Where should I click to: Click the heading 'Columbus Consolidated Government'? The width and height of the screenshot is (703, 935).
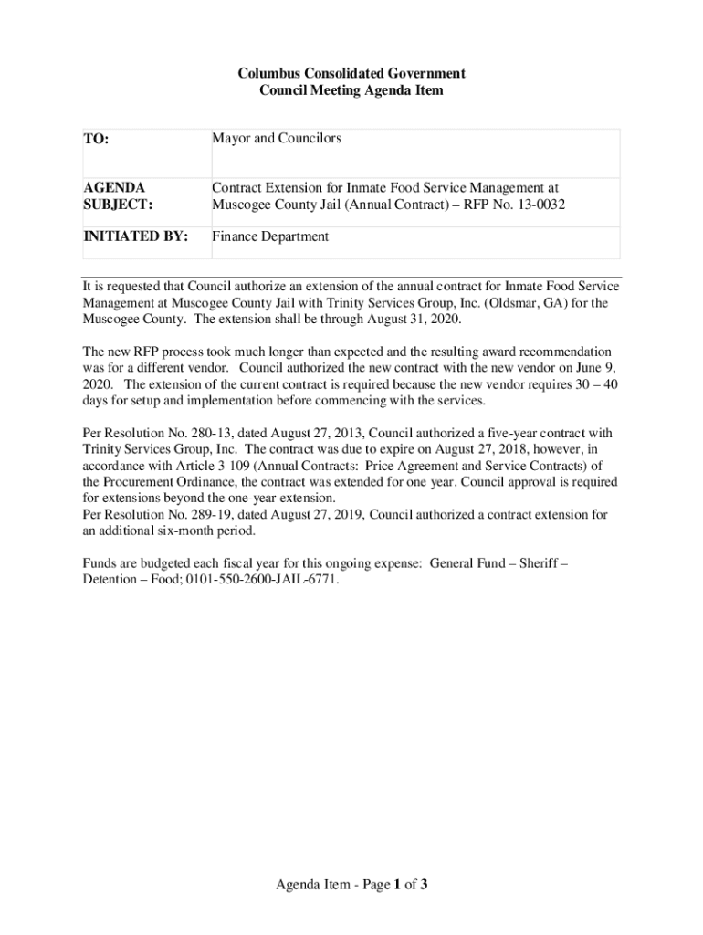[x=351, y=73]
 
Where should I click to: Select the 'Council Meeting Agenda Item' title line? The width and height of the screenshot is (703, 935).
[x=351, y=90]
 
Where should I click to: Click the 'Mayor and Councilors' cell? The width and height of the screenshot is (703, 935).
[x=277, y=138]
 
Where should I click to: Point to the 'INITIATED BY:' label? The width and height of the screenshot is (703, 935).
[x=136, y=236]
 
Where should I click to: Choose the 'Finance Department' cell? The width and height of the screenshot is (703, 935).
[x=270, y=236]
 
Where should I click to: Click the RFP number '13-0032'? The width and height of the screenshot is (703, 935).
[x=541, y=205]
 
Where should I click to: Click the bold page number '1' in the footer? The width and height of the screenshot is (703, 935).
[x=397, y=885]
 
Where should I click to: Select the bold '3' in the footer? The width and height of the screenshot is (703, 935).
[x=425, y=885]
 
